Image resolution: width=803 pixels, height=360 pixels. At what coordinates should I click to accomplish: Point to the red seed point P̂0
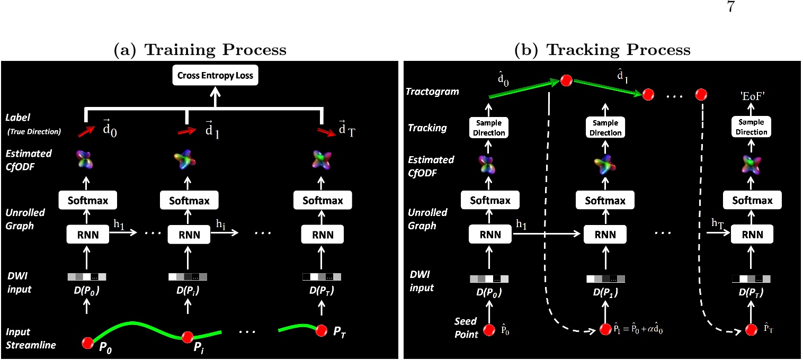coord(489,330)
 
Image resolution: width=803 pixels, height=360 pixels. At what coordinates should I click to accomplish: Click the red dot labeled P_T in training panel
coord(320,331)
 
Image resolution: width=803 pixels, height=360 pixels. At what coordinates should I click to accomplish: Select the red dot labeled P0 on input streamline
coord(87,343)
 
